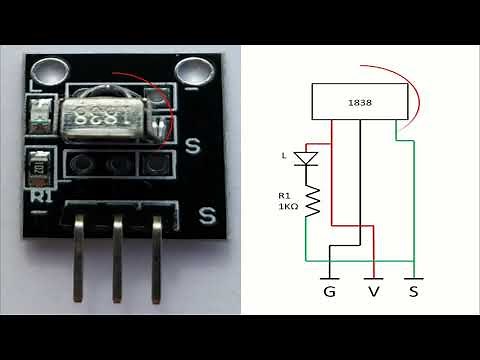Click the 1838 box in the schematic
(x=356, y=101)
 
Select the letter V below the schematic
(x=374, y=293)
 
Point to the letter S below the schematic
(x=414, y=293)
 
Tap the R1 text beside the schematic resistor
(x=286, y=194)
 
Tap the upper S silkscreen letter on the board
(x=194, y=146)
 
